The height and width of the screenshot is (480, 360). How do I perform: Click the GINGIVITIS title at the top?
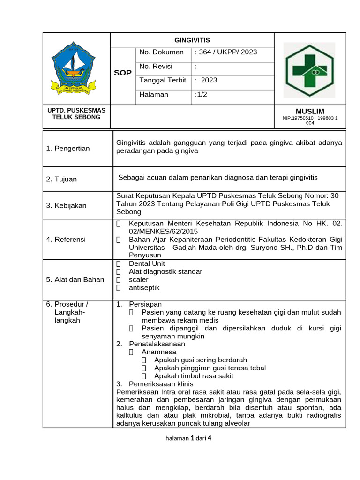pos(192,40)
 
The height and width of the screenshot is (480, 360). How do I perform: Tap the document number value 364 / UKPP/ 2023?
pos(227,52)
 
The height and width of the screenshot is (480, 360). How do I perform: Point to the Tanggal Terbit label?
pos(163,80)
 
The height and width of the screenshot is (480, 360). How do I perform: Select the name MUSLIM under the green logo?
pos(310,111)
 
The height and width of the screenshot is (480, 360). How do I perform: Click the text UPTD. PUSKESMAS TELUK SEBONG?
pos(76,113)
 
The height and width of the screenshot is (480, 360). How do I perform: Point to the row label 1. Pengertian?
pos(68,149)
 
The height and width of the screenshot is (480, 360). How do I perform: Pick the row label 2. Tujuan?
pos(61,179)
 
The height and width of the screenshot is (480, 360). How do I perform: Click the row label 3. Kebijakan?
pos(66,205)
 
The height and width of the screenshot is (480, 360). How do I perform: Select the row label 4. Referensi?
pos(66,239)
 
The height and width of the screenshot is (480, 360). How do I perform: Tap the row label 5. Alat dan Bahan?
pos(75,279)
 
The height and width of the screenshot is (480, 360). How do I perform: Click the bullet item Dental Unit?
pos(147,263)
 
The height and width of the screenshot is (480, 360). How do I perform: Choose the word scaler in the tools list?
pos(138,279)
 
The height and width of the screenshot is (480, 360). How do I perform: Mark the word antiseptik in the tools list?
pos(144,288)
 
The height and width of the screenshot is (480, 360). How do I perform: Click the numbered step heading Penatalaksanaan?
pos(157,344)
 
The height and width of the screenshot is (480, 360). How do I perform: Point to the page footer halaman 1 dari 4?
pos(189,438)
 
